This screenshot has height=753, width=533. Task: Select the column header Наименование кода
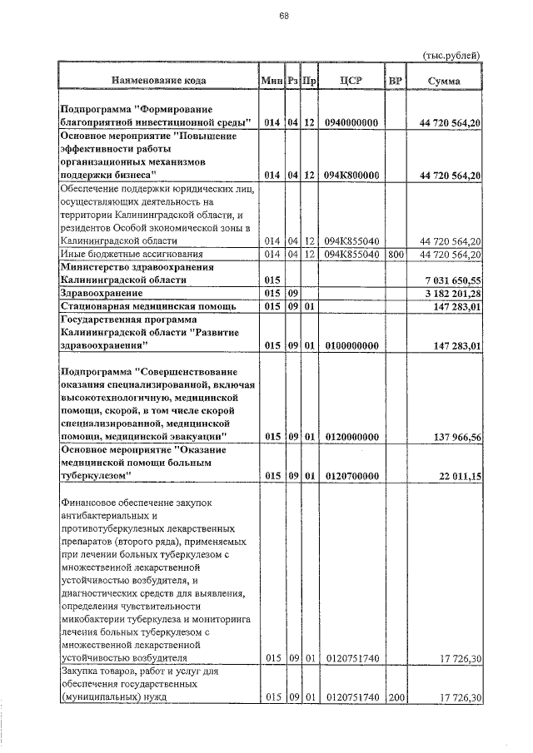(156, 81)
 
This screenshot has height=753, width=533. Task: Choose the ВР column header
(395, 81)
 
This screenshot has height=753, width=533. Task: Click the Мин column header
(271, 81)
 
